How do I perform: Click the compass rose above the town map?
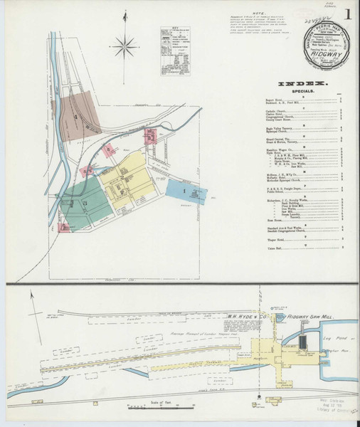click(125, 47)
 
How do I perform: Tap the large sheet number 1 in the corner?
click(346, 14)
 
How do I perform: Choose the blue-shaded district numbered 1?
click(184, 191)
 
